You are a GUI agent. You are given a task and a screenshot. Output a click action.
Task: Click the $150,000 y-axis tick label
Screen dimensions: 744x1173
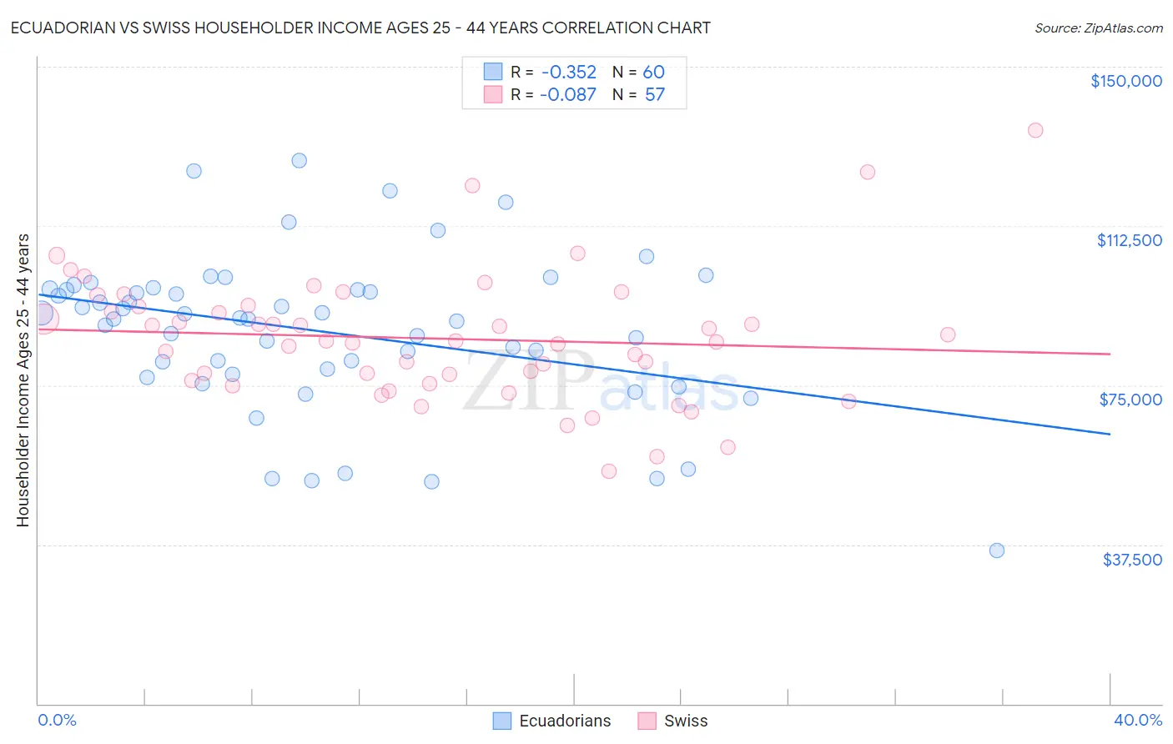tap(1125, 81)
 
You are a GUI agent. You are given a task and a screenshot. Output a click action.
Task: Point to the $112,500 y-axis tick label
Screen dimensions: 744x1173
tap(1129, 240)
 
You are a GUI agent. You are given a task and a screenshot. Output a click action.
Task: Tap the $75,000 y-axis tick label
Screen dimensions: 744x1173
tap(1130, 400)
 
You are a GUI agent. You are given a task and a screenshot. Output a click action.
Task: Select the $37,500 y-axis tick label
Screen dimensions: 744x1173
tap(1132, 560)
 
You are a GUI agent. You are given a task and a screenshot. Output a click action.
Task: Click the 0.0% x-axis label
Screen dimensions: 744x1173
tap(57, 720)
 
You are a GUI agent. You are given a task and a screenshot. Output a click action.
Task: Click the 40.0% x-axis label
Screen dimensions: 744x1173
tap(1137, 720)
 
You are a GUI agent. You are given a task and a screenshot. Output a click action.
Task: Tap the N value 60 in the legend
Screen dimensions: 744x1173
tap(653, 73)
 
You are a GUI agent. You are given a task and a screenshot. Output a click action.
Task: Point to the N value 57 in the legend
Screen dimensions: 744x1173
tap(654, 95)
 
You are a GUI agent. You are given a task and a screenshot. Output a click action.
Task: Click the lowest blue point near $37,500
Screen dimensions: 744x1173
tap(996, 550)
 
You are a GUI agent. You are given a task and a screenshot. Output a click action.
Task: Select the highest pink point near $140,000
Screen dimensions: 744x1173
tap(1035, 130)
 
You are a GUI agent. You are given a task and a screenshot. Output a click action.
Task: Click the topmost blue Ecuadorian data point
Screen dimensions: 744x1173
tap(299, 160)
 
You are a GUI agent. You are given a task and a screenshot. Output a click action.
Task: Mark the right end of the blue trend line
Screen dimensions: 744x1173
tap(1110, 434)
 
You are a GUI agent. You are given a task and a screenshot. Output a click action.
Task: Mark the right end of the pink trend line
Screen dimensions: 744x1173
tap(1110, 354)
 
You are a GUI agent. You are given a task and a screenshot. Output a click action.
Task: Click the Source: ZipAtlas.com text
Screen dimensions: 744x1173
tap(1098, 28)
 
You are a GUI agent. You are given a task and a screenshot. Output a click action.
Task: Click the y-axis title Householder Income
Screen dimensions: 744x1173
tap(23, 380)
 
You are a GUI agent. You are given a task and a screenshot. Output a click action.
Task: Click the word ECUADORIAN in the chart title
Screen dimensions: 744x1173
tap(60, 28)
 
